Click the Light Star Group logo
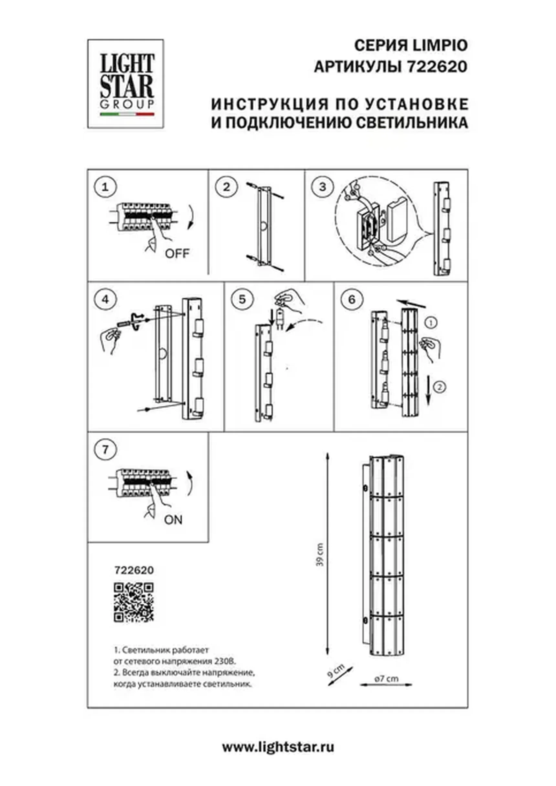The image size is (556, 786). (x=126, y=84)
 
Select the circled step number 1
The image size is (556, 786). (x=105, y=187)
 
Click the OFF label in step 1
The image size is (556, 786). (x=177, y=254)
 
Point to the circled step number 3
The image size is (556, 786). (x=323, y=187)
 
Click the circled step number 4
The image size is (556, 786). (x=105, y=299)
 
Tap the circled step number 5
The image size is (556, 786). (x=242, y=299)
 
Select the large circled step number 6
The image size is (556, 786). (x=352, y=299)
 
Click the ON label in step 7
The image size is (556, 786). (x=174, y=520)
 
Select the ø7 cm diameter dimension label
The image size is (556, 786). (x=387, y=678)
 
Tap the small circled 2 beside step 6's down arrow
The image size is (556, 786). (x=440, y=387)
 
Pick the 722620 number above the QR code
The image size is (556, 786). (x=134, y=570)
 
